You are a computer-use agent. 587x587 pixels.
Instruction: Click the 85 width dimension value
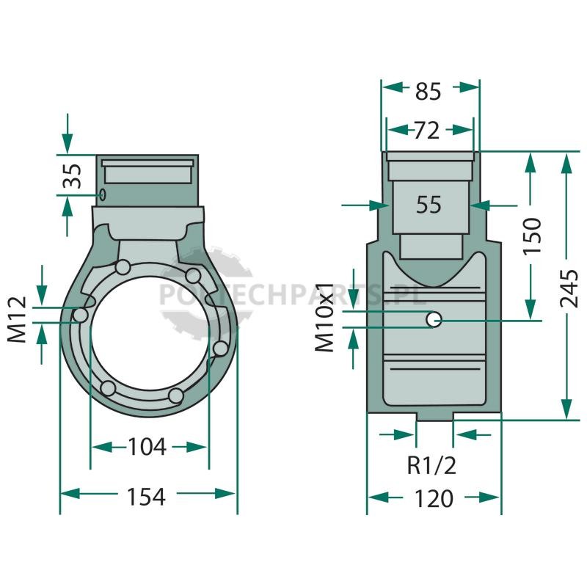click(428, 91)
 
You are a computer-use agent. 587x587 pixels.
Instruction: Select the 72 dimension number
click(426, 131)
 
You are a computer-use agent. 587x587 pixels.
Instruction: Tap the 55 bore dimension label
click(429, 205)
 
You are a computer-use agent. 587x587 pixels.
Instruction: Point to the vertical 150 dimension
click(533, 236)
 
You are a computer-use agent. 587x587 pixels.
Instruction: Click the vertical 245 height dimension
click(569, 288)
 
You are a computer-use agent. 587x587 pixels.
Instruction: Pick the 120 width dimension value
click(434, 499)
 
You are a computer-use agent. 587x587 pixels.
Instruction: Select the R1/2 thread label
click(431, 466)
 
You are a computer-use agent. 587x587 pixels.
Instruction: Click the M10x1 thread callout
click(324, 318)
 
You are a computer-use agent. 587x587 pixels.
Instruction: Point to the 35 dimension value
click(72, 176)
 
